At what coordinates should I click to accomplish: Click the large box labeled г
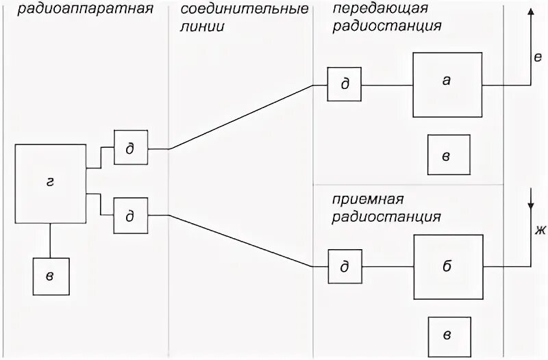[x=49, y=183]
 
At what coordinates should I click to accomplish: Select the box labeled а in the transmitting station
[x=447, y=84]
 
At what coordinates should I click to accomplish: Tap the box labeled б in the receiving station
[x=447, y=266]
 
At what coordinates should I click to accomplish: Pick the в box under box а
[x=448, y=155]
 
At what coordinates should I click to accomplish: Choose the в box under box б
[x=448, y=336]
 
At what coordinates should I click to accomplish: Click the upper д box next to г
[x=130, y=147]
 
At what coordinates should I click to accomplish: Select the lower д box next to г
[x=130, y=215]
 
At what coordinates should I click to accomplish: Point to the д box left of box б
[x=345, y=267]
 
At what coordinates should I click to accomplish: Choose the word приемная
[x=366, y=199]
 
